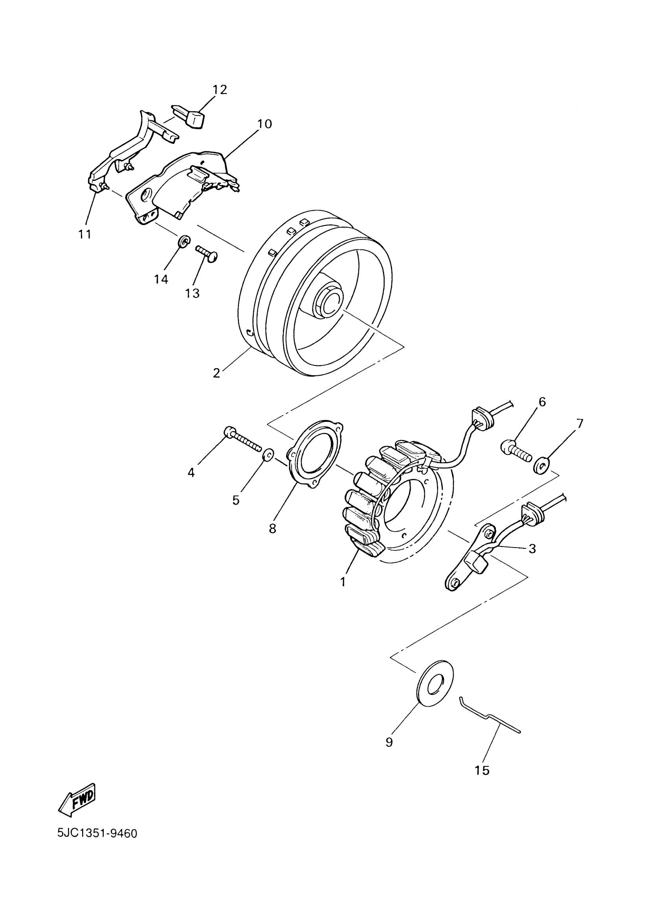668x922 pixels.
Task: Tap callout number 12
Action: [220, 90]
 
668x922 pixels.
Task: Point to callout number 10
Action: [264, 124]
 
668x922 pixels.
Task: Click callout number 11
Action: [85, 234]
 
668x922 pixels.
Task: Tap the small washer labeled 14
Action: [184, 241]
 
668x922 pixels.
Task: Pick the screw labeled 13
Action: [207, 254]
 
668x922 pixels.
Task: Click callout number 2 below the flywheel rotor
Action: [217, 373]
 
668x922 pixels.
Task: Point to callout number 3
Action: [532, 548]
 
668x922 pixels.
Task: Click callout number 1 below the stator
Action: [343, 582]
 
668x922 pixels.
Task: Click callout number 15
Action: [482, 770]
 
